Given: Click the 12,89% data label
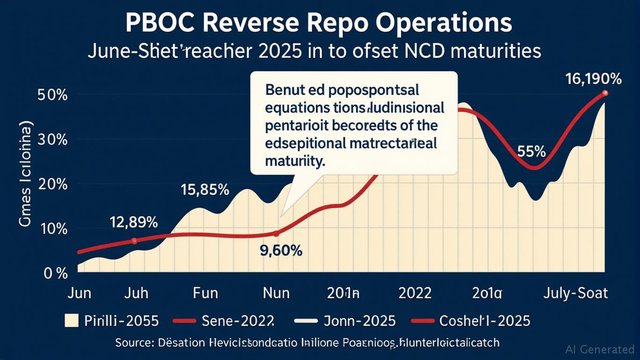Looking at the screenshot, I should point(134,221).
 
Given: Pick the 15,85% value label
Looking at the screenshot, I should point(205,190).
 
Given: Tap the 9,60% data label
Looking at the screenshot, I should point(281,251).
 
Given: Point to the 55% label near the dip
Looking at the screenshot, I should point(531,152).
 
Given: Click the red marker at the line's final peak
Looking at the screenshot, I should point(605,93).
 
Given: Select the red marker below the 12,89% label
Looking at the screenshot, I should point(134,240).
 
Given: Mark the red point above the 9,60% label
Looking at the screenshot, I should point(276,233).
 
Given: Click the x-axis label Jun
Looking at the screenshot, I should point(79,293).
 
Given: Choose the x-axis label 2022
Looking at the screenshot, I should point(415,293).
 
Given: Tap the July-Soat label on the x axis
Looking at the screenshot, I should point(575,293).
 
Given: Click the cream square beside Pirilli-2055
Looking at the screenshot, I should point(71,321).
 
